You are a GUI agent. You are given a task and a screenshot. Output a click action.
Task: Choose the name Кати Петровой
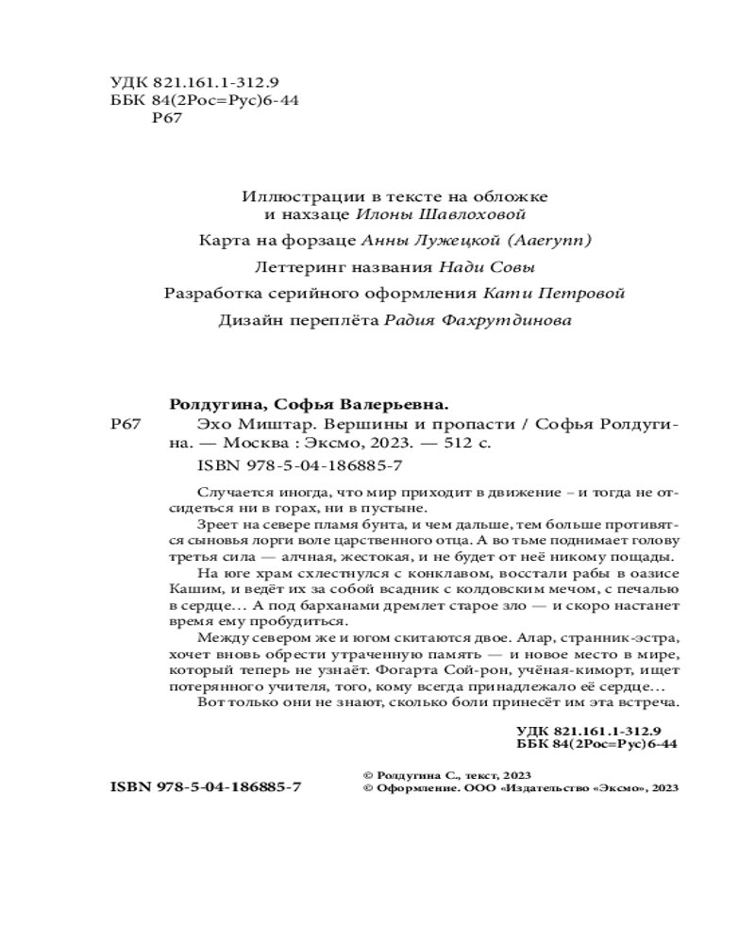553,293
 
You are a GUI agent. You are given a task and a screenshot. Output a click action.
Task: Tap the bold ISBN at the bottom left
206,786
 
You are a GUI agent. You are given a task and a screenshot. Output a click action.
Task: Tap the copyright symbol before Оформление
368,787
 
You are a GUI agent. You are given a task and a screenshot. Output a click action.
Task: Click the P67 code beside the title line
126,424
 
